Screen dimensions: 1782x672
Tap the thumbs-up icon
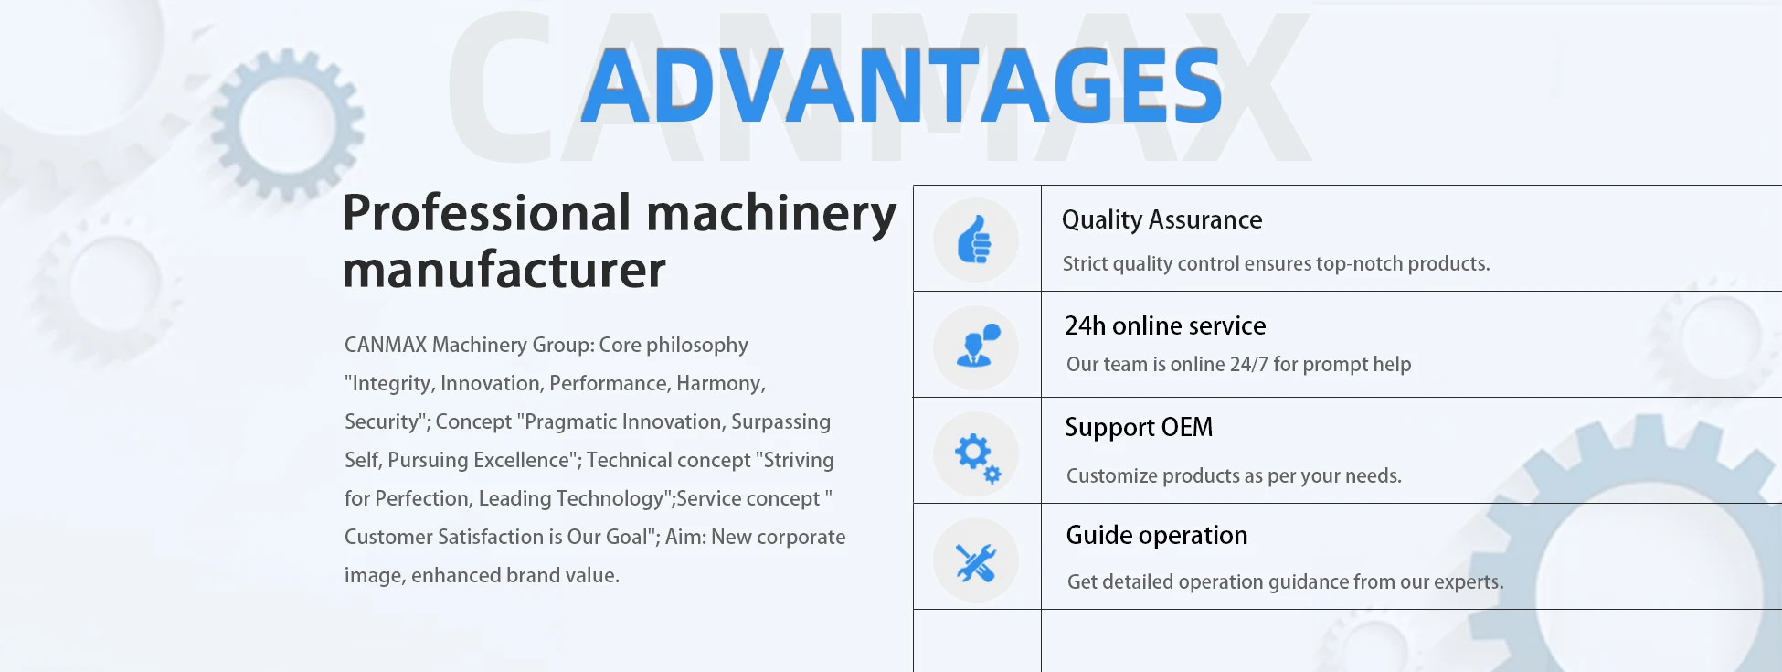tap(974, 240)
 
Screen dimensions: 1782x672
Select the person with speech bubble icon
tap(977, 346)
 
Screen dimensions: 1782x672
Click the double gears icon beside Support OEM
tap(978, 457)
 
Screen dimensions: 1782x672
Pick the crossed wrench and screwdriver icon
tap(975, 562)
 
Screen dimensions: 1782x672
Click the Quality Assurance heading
tap(1161, 220)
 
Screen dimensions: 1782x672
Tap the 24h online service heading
tap(1165, 325)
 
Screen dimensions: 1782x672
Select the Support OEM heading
tap(1139, 428)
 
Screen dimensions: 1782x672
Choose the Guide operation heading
tap(1156, 535)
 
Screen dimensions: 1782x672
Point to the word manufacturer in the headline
tap(504, 271)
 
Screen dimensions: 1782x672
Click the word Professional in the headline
tap(487, 213)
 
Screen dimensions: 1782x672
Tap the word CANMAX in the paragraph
tap(386, 345)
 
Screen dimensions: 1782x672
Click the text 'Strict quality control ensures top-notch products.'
tap(1276, 264)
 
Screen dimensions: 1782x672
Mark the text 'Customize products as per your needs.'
tap(1234, 476)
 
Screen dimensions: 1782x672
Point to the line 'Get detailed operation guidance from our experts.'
tap(1285, 582)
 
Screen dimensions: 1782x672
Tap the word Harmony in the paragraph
tap(721, 384)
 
